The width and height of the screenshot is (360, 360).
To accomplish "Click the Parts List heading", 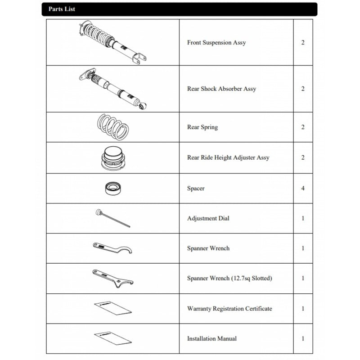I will [62, 9].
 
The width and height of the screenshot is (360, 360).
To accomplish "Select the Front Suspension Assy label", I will [216, 43].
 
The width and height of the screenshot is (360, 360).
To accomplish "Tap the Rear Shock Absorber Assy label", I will [221, 89].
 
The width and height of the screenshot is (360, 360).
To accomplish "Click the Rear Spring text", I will [202, 127].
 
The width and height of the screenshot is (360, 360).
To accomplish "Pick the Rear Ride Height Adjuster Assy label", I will [228, 158].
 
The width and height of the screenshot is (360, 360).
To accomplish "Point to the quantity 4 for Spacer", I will [303, 189].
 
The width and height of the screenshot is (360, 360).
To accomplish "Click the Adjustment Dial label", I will [208, 219].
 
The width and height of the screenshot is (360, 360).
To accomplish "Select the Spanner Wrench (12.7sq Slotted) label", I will [229, 279].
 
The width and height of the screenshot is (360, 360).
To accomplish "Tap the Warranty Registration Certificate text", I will [229, 309].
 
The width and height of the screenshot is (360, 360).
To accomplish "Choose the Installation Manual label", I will [212, 338].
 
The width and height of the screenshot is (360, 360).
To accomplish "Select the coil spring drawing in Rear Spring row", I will [113, 127].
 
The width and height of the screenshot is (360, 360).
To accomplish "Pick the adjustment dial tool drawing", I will [112, 218].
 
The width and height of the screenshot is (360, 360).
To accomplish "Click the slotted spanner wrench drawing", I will [112, 279].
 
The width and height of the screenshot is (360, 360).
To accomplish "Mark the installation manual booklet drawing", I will [112, 339].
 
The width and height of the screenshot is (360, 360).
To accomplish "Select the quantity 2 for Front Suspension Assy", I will [303, 43].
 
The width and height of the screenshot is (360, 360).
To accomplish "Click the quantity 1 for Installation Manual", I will [303, 338].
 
